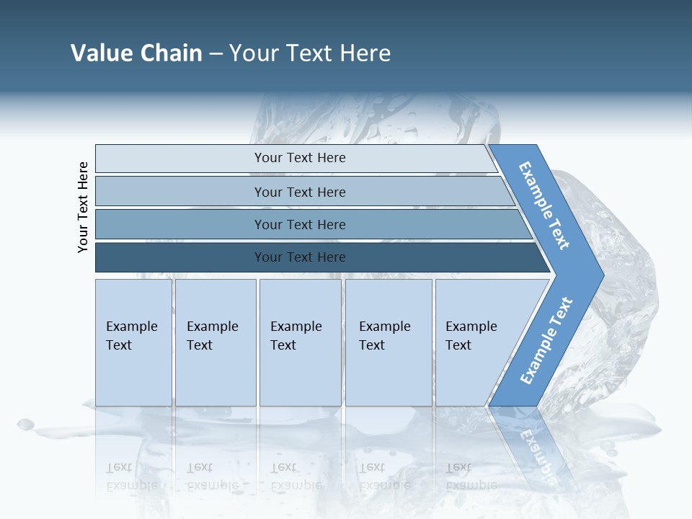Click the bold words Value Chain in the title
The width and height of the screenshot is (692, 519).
(x=136, y=53)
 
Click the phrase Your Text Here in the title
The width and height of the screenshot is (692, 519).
(x=310, y=53)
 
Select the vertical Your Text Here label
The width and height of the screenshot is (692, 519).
(x=83, y=207)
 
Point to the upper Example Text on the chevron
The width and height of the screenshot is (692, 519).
(x=544, y=206)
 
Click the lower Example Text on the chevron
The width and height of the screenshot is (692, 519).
(x=546, y=341)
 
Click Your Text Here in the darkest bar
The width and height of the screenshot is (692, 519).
(x=300, y=257)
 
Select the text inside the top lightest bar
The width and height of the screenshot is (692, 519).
(x=300, y=158)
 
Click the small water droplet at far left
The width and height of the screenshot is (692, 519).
(x=25, y=424)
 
